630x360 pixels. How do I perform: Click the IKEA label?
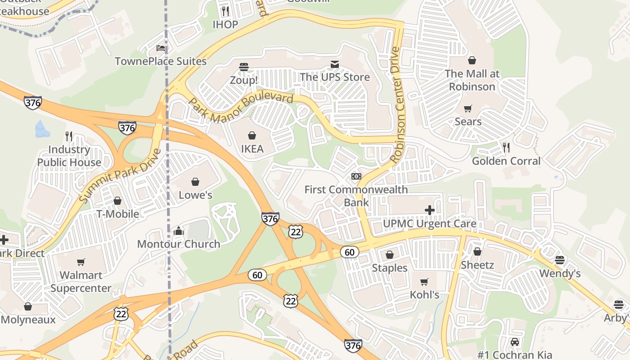pyautogui.click(x=252, y=148)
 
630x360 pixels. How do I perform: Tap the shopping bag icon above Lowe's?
pyautogui.click(x=195, y=182)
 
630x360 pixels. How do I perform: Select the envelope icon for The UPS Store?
pyautogui.click(x=335, y=64)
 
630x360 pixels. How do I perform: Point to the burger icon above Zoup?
pyautogui.click(x=244, y=67)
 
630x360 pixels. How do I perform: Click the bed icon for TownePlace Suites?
pyautogui.click(x=161, y=48)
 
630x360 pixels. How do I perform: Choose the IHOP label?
pyautogui.click(x=225, y=24)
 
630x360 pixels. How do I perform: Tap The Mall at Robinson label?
pyautogui.click(x=472, y=80)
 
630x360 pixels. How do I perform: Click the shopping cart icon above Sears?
pyautogui.click(x=468, y=108)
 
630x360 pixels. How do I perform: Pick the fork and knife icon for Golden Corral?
pyautogui.click(x=506, y=147)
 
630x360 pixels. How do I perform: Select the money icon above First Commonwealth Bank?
pyautogui.click(x=356, y=176)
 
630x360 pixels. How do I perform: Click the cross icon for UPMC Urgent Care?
pyautogui.click(x=430, y=210)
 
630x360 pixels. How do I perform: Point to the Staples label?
pyautogui.click(x=390, y=268)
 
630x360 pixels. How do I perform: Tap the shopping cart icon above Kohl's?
pyautogui.click(x=424, y=282)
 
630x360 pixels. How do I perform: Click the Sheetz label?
pyautogui.click(x=477, y=265)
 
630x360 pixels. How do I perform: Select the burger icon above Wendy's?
pyautogui.click(x=560, y=260)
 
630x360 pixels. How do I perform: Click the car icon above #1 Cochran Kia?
pyautogui.click(x=515, y=342)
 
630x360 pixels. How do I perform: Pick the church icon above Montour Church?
pyautogui.click(x=179, y=231)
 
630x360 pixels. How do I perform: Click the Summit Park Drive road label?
pyautogui.click(x=120, y=175)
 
